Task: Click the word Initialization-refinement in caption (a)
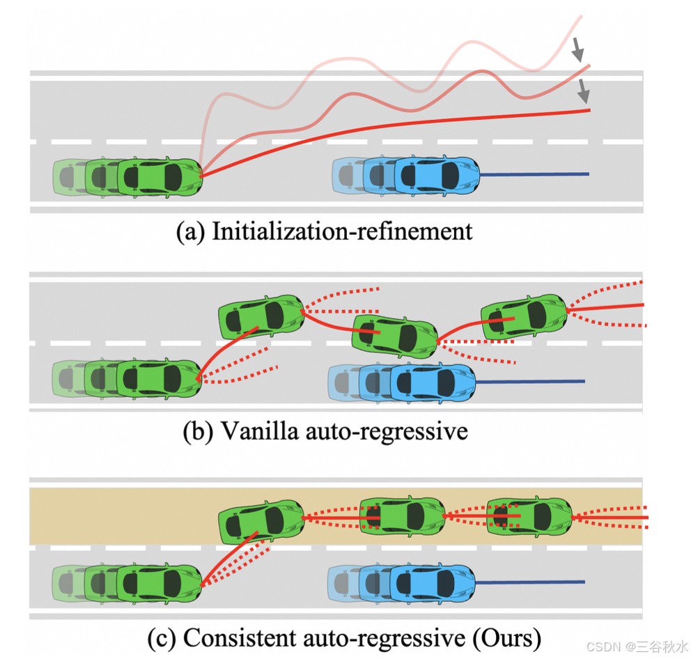point(341,231)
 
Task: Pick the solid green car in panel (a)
point(160,176)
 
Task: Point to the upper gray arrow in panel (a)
point(577,49)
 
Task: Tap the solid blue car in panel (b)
point(433,381)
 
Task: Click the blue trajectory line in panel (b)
point(529,381)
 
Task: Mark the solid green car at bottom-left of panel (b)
point(159,378)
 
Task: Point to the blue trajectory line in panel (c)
point(529,582)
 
